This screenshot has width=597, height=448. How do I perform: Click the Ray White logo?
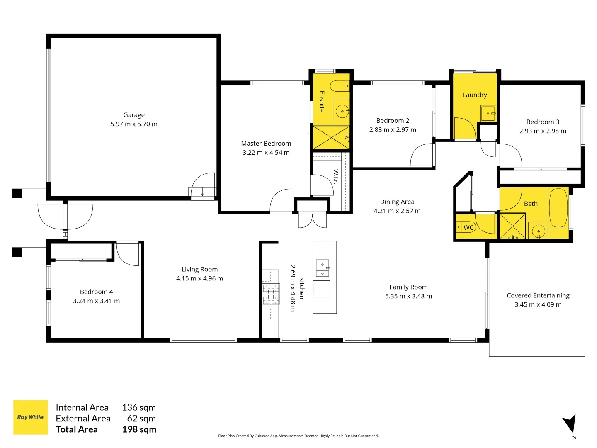(31, 417)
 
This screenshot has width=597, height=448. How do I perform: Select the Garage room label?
(134, 115)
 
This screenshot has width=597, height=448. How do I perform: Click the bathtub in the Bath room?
(558, 207)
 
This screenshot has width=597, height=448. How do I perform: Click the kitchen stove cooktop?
(271, 294)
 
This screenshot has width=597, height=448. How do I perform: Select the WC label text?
(468, 227)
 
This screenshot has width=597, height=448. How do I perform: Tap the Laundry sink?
(488, 113)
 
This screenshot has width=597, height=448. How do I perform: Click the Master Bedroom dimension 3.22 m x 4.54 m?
(266, 153)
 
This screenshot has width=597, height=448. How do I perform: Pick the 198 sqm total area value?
(139, 430)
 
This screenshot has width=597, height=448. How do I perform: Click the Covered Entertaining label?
(538, 295)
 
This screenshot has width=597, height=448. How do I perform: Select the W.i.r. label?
(336, 176)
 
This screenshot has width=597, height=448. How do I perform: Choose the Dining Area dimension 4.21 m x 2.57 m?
(397, 211)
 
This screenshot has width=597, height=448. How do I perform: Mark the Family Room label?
(408, 287)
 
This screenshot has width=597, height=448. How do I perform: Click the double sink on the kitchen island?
(323, 268)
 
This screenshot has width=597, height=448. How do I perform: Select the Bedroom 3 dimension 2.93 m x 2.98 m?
(543, 131)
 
